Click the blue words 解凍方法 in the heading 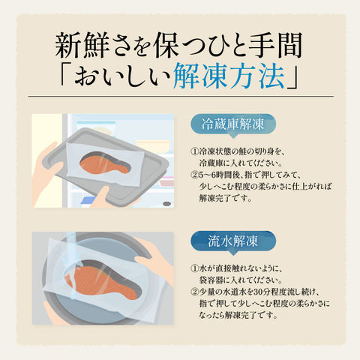pos(229,76)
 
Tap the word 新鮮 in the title pos(78,46)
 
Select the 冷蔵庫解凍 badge pos(233,124)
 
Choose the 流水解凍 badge pos(233,241)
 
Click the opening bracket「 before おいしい pos(65,76)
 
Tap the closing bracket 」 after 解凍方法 pos(292,76)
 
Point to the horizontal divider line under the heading pos(181,96)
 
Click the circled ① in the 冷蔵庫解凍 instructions pos(194,151)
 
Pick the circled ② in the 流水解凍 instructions pos(194,292)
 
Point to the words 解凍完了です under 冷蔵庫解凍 pos(225,199)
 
